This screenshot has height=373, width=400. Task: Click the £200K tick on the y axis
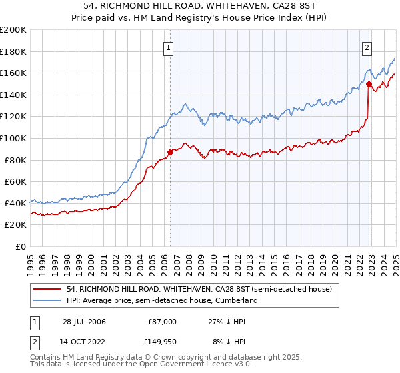[x=13, y=30]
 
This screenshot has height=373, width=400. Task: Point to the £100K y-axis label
[x=13, y=138]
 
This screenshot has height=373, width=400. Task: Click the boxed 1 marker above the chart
[x=169, y=47]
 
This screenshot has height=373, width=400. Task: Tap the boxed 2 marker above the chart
[x=367, y=47]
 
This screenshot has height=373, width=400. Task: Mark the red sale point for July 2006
[x=170, y=152]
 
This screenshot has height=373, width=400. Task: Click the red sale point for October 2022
[x=369, y=84]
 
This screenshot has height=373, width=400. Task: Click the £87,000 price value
[x=162, y=321]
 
